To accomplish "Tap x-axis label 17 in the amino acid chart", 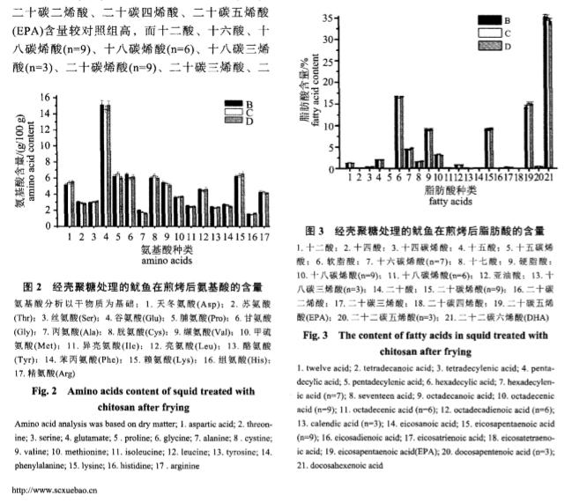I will pyautogui.click(x=263, y=237).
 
